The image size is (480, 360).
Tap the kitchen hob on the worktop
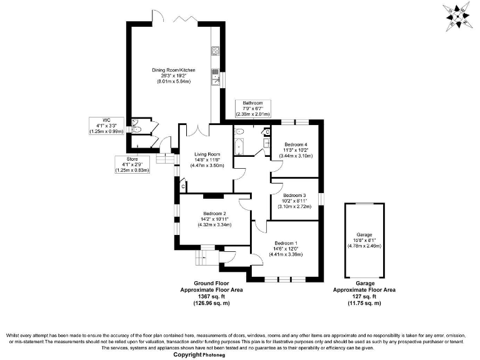coord(216,51)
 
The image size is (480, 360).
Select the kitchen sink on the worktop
coord(216,79)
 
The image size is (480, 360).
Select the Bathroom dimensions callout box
coord(252,108)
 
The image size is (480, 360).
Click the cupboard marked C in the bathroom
coord(266,132)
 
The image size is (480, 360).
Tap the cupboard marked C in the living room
coord(182,186)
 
